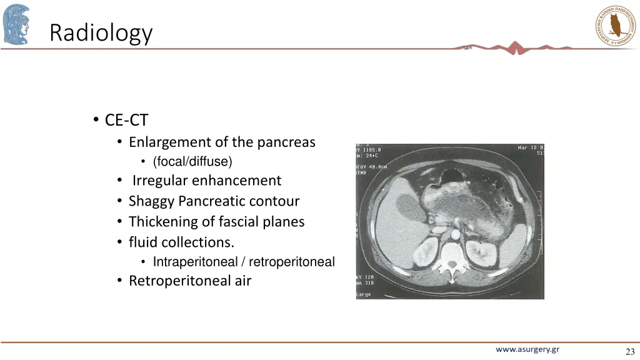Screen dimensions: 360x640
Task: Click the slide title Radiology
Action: [x=101, y=32]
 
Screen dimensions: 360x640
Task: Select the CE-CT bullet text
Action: [x=126, y=119]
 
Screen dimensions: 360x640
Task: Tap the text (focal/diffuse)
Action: [x=192, y=162]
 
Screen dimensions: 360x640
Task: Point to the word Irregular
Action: [x=160, y=181]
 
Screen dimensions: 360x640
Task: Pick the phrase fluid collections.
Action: [x=181, y=242]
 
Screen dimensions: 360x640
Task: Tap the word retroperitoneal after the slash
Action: [x=292, y=262]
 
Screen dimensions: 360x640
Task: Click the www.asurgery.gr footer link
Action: [x=527, y=349]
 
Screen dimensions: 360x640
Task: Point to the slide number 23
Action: [x=629, y=352]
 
